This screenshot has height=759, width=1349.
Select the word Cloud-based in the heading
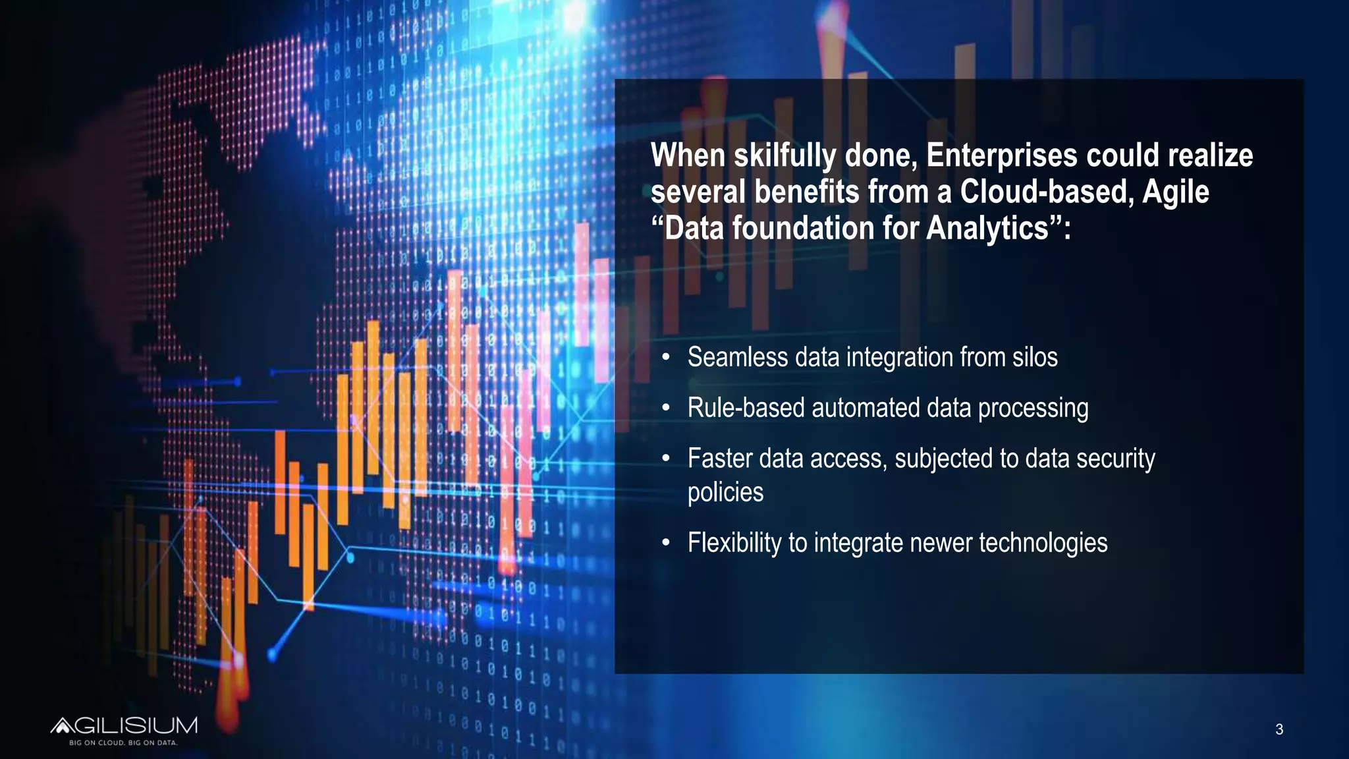(1046, 192)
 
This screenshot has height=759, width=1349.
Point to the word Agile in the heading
(1176, 192)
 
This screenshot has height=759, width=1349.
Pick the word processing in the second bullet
(1033, 408)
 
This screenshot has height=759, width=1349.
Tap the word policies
(725, 493)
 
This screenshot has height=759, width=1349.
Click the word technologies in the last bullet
(1043, 543)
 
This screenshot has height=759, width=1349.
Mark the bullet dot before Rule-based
(666, 408)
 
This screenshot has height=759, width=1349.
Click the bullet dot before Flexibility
(666, 544)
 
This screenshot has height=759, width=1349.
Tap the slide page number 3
(1279, 729)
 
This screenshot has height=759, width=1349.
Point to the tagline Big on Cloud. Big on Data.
(124, 743)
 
